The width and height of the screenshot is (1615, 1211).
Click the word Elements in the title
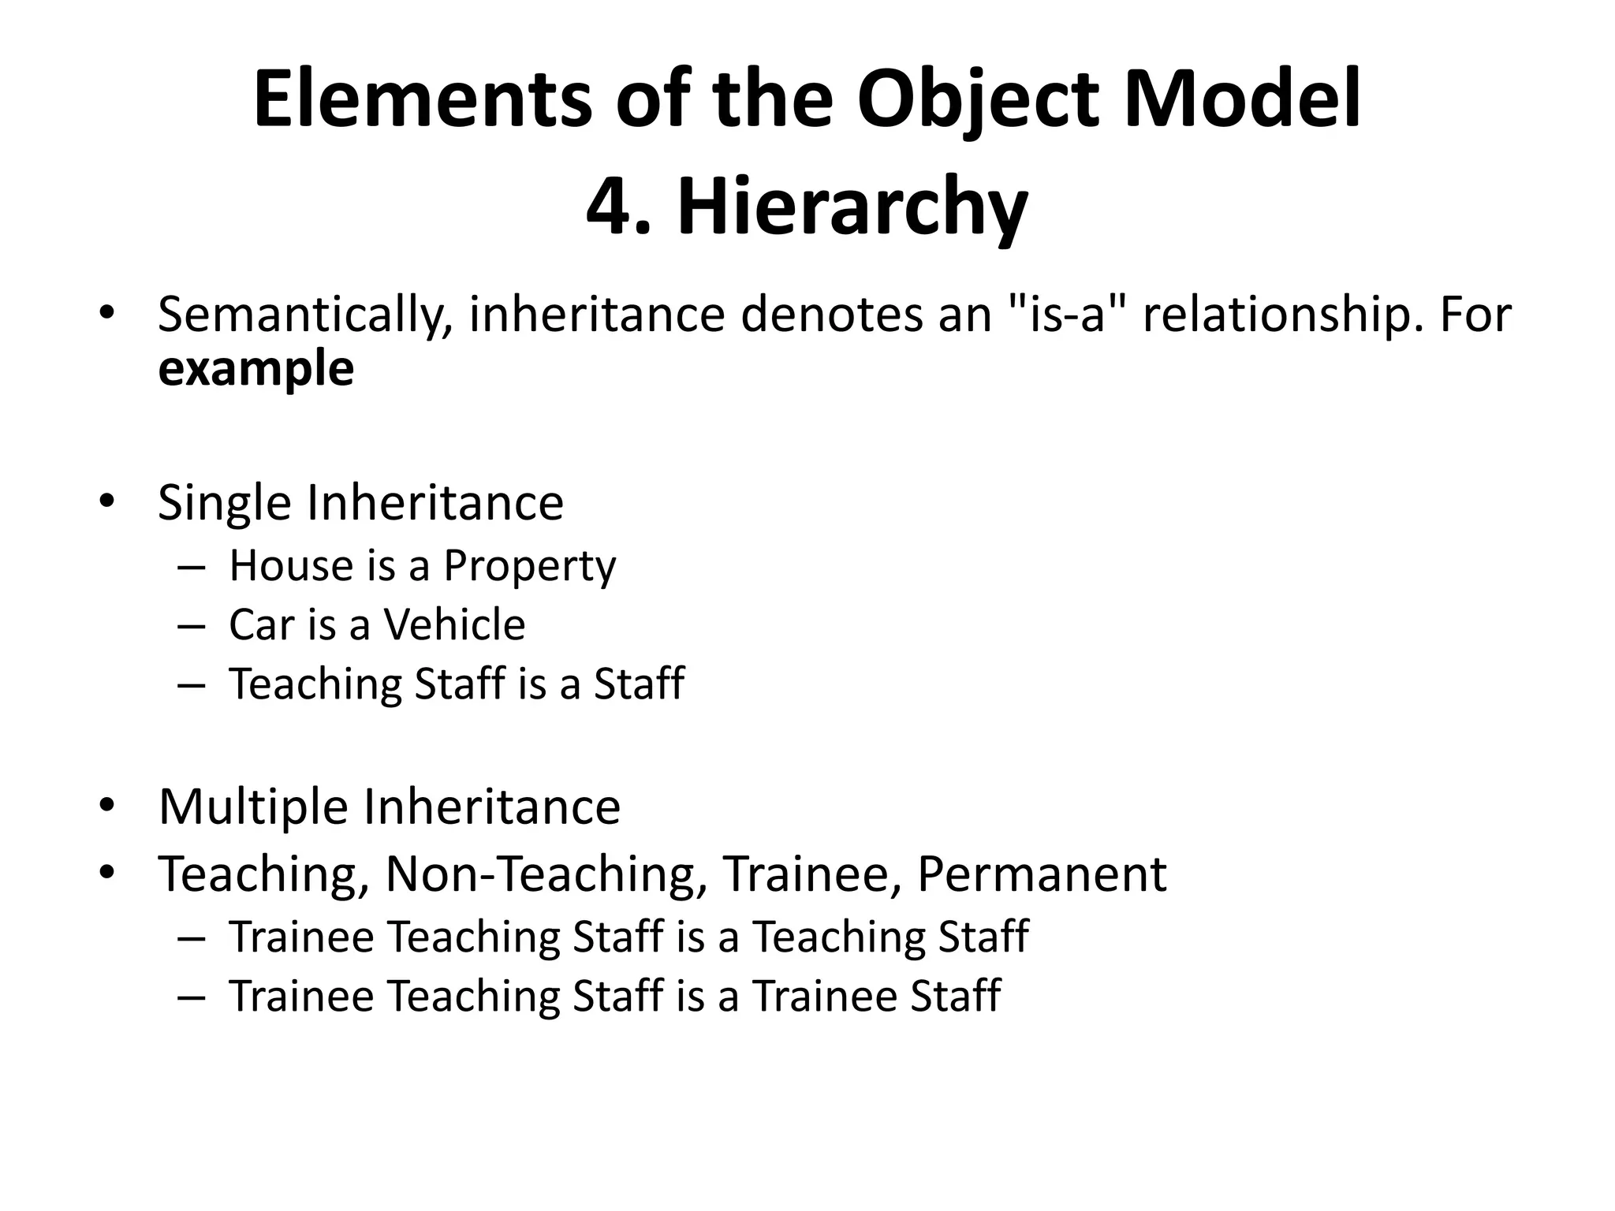coord(422,100)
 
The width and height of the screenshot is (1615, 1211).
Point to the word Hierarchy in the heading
coord(852,207)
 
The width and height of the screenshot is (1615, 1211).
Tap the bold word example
coord(255,369)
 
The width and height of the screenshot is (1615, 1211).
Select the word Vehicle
coord(454,624)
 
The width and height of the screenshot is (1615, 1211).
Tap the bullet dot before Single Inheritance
coord(107,501)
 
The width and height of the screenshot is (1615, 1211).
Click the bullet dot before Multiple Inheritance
coord(107,806)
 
